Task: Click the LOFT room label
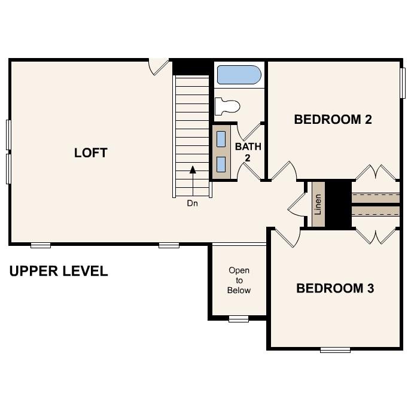click(90, 153)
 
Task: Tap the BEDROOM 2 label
click(333, 119)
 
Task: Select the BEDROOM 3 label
click(335, 288)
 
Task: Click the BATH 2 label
click(248, 152)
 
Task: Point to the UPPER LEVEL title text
click(59, 271)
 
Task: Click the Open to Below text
click(239, 280)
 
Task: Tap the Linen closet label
click(318, 205)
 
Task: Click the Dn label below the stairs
click(192, 203)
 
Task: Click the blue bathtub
click(239, 75)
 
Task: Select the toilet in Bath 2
click(227, 106)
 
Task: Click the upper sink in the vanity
click(221, 139)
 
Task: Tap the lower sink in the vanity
click(221, 164)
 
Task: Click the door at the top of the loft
click(159, 66)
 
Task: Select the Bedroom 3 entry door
click(286, 237)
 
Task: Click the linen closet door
click(297, 205)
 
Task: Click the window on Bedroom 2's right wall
click(402, 82)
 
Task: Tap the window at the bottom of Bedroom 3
click(335, 349)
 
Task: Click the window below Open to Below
click(238, 319)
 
